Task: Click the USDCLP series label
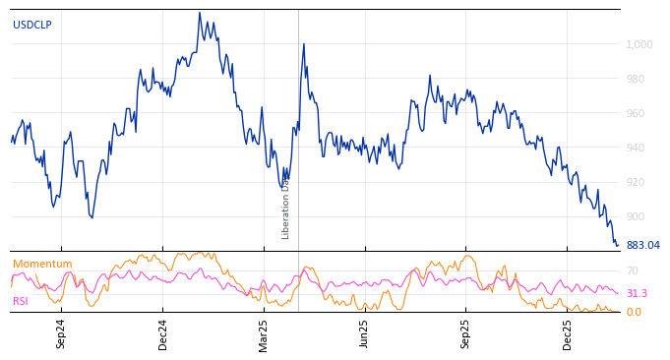(32, 26)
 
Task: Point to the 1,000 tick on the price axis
(638, 44)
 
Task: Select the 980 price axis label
(635, 79)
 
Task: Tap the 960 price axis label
(635, 113)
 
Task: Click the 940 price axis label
(635, 148)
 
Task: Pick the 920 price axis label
(635, 182)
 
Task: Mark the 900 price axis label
(635, 216)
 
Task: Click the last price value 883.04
(642, 246)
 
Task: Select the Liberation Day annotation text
(286, 208)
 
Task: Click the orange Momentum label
(42, 265)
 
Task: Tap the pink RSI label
(21, 301)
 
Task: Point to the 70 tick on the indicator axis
(633, 270)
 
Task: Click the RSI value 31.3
(637, 293)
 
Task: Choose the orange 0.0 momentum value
(634, 313)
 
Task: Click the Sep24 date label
(61, 333)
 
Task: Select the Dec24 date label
(163, 333)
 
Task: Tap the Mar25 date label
(264, 333)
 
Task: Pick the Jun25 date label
(365, 333)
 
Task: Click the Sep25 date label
(466, 333)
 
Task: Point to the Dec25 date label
(568, 333)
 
